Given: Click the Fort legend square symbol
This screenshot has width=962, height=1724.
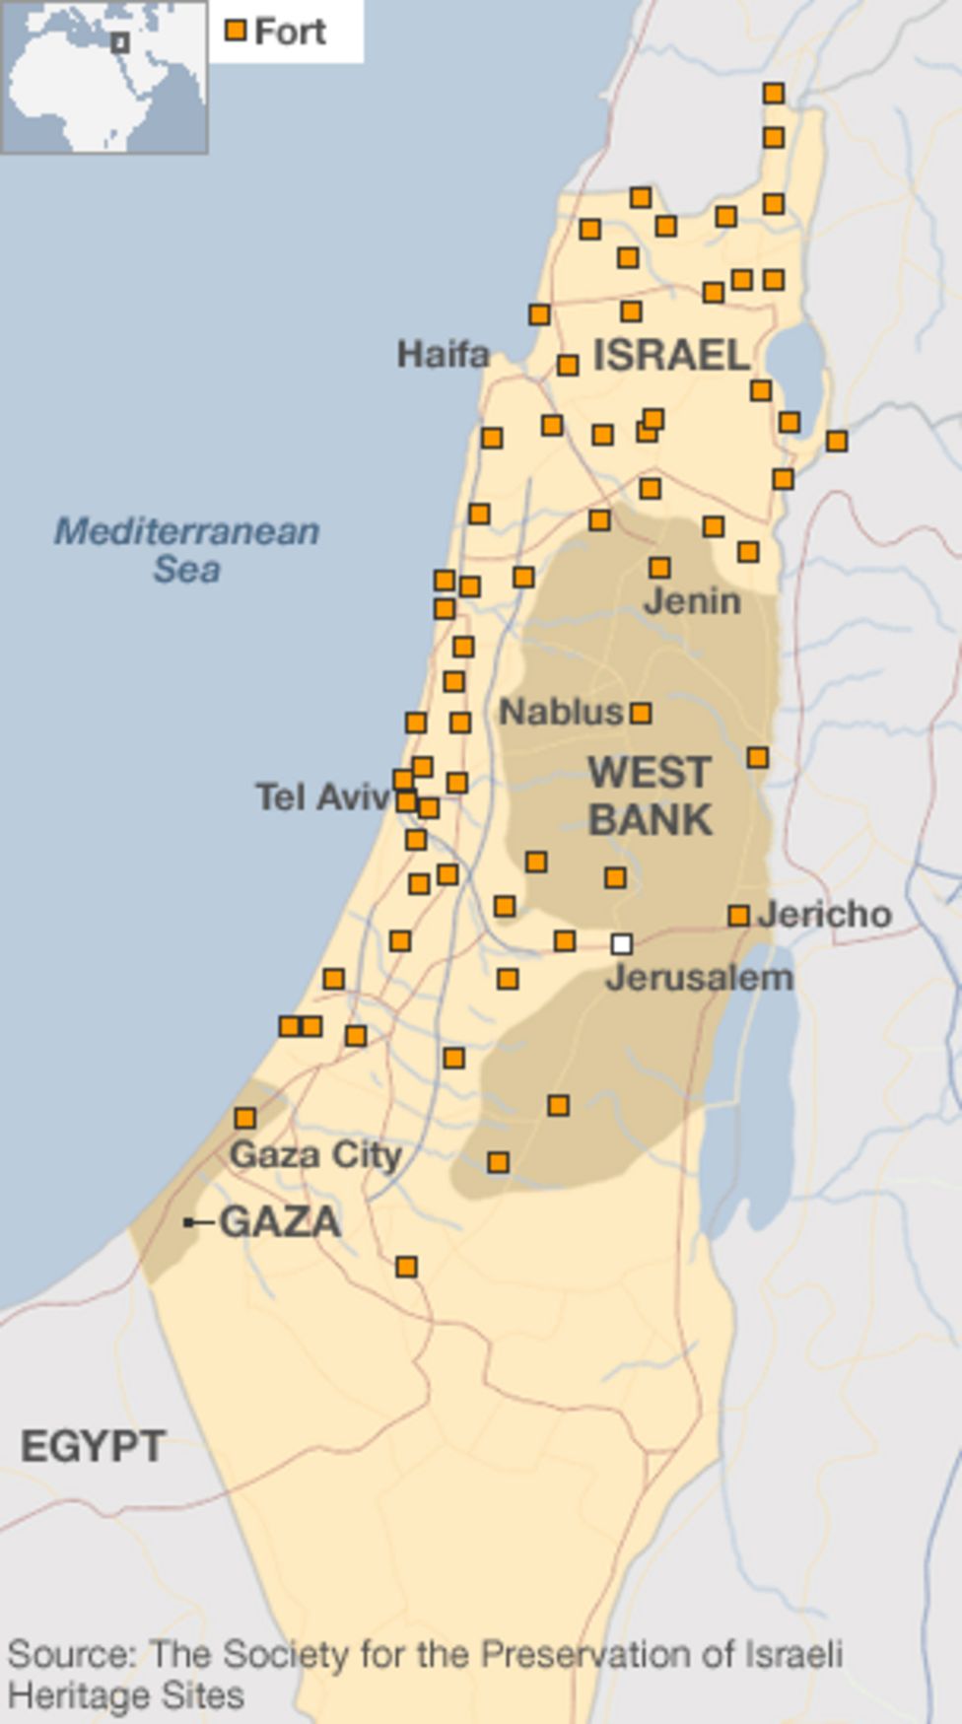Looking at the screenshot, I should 235,31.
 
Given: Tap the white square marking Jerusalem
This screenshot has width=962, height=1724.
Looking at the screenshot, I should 621,944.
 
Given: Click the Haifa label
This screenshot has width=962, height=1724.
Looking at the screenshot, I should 443,354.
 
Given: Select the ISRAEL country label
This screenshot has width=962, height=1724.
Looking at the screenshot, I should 671,355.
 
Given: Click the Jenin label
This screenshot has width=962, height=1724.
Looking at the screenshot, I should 692,600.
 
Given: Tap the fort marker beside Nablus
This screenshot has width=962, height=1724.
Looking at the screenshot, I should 641,713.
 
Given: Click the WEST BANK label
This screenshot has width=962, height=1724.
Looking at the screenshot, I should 650,796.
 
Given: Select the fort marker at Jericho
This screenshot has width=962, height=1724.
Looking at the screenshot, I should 738,916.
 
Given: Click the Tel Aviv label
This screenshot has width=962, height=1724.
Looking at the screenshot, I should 322,796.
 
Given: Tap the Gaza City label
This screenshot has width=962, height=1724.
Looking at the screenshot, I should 315,1154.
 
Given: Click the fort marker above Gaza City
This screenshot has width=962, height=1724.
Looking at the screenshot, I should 244,1118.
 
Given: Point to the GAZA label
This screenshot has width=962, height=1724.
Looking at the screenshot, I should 280,1222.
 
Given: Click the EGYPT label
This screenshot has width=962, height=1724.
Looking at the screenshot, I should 93,1447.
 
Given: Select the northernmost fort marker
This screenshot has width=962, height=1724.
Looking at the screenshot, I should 774,94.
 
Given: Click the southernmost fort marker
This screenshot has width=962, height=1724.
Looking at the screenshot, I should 406,1267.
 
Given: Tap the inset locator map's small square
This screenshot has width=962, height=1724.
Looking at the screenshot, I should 120,43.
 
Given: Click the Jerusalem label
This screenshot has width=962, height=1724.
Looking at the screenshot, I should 699,978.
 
